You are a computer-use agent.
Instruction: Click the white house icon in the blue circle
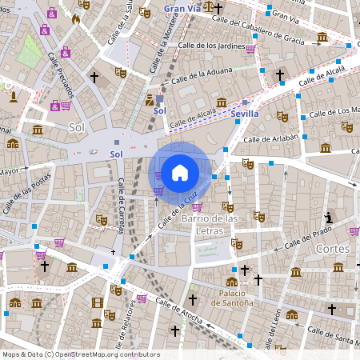coord(180,172)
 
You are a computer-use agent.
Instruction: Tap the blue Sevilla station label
coord(244,114)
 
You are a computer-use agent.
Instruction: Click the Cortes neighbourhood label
coord(333,249)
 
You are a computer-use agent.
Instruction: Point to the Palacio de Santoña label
coord(232,298)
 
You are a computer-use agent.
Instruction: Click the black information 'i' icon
coord(328,218)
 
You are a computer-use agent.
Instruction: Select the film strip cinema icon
coord(98,302)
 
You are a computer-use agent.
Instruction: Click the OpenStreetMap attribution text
coord(81,354)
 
